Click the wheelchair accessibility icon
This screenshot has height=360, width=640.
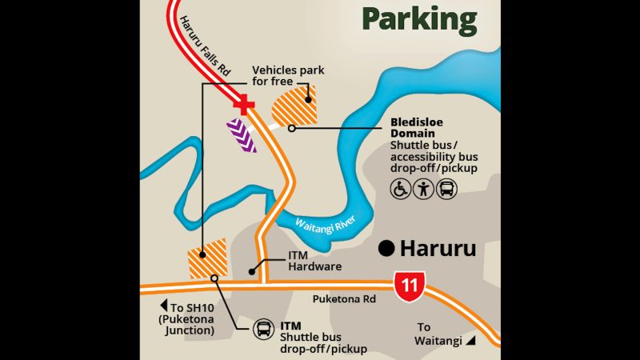(x=400, y=190)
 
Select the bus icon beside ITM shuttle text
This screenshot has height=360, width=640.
(x=263, y=329)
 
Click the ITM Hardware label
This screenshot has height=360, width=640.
(x=303, y=261)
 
